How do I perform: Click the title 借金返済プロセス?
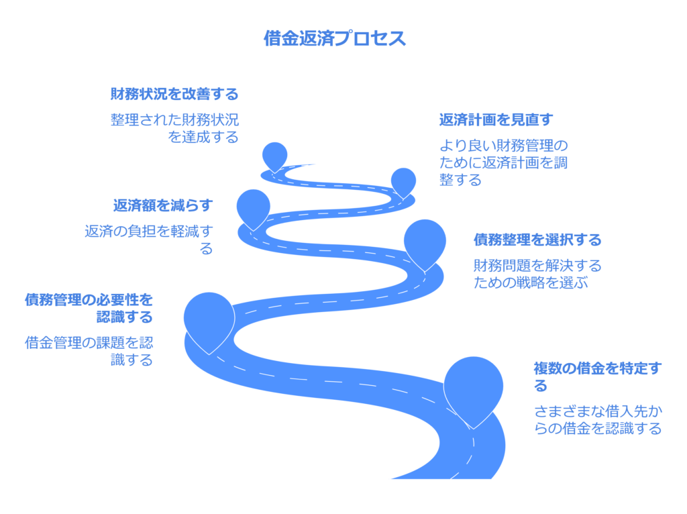coord(335,38)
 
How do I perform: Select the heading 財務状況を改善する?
coord(174,94)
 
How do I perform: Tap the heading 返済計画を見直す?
coord(496,119)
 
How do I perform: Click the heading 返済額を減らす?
coord(163,205)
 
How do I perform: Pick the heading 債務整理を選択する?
coord(537,240)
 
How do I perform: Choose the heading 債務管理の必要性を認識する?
coord(89,308)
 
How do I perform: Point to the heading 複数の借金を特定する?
coord(598,377)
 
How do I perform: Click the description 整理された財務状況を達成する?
coord(174,128)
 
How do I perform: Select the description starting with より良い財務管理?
coord(503,162)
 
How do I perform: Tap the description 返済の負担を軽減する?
coord(149,240)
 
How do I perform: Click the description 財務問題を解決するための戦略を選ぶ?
coord(537,274)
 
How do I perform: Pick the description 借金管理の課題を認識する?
coord(89,351)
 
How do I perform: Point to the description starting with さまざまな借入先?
coord(598,419)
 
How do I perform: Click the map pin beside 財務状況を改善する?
coord(274,156)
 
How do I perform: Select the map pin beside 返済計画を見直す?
coord(403,181)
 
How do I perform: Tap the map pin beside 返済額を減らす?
coord(253,207)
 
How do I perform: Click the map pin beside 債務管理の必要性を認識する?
coord(209,319)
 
